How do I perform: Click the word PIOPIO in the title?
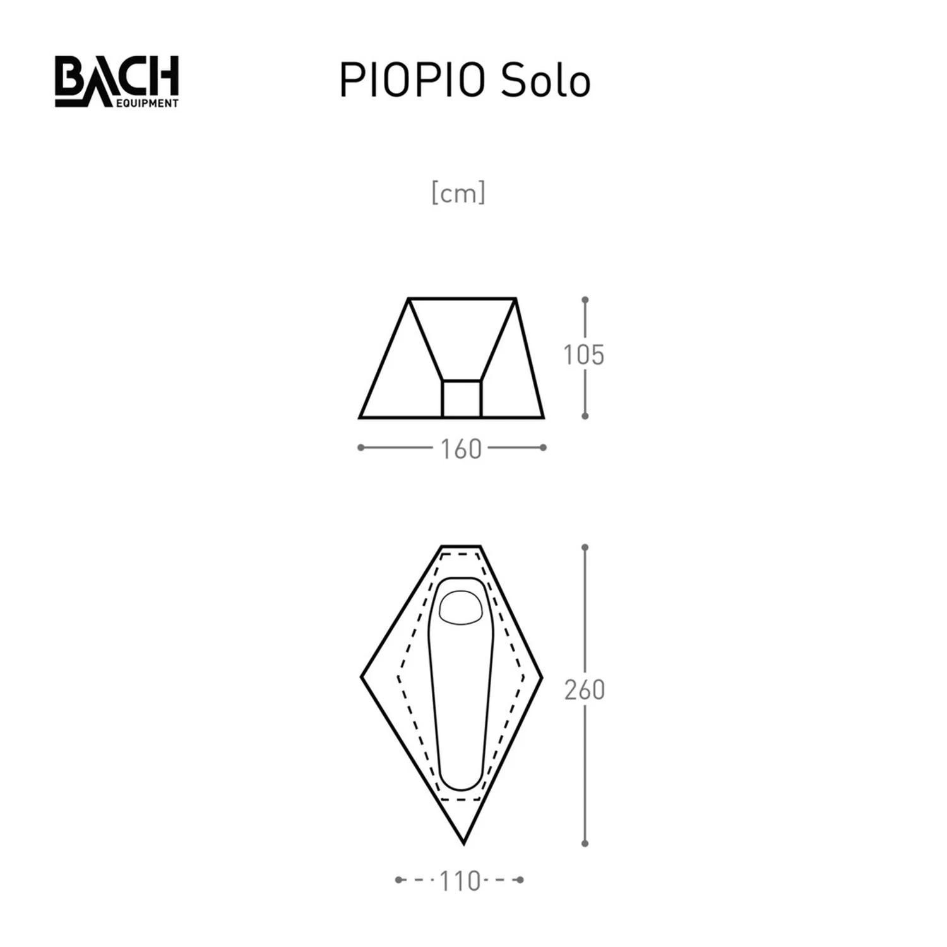(x=412, y=81)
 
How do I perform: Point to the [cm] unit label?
(x=458, y=193)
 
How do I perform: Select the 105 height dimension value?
(x=584, y=355)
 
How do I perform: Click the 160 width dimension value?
(x=461, y=450)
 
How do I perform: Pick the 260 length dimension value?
(x=585, y=690)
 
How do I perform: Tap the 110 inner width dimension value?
(x=460, y=881)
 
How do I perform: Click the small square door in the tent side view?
(x=462, y=399)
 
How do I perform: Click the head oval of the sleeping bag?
(x=461, y=607)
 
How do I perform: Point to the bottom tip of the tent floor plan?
(x=463, y=843)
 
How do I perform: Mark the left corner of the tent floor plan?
(x=362, y=677)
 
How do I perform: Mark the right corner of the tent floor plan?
(x=542, y=677)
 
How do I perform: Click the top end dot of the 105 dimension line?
(x=585, y=299)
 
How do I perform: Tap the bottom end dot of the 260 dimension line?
(x=585, y=843)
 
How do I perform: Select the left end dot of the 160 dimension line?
(x=360, y=448)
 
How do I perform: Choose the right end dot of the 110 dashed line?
(x=520, y=879)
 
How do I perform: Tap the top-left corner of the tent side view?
(x=409, y=299)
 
